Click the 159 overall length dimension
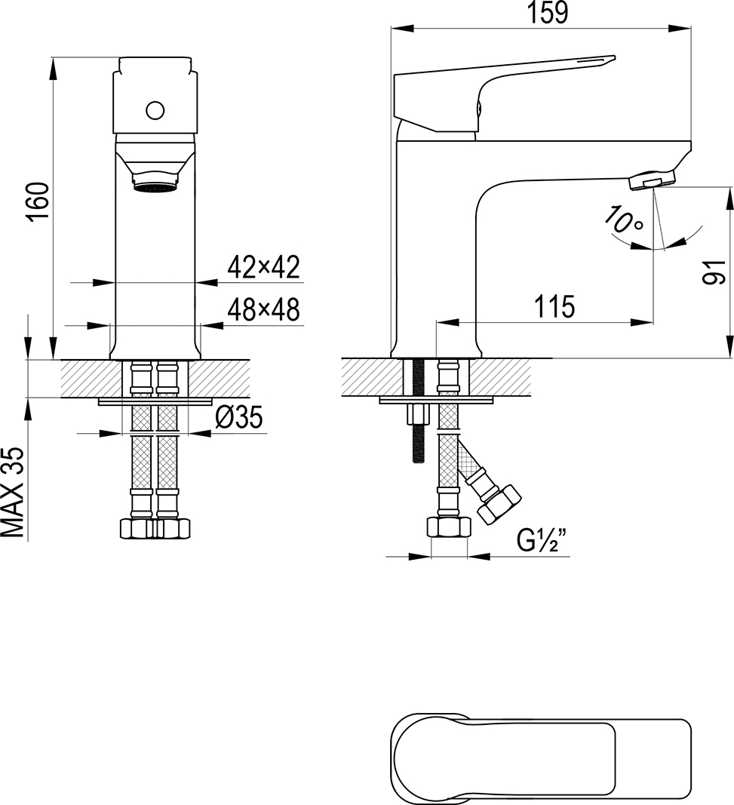548,13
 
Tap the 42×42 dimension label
263,267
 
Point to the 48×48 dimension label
263,309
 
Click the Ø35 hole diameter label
239,417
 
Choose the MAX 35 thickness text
14,493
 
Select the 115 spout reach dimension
555,306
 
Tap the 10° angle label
622,220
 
